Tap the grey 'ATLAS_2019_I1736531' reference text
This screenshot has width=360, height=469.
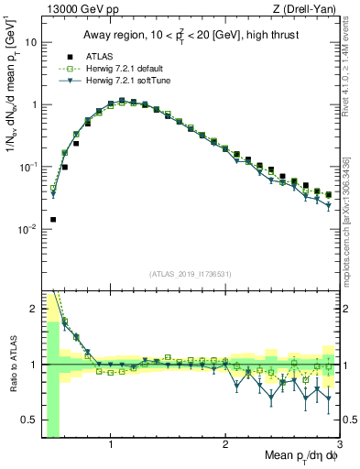point(190,273)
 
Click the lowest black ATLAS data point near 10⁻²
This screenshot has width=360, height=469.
point(53,220)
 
